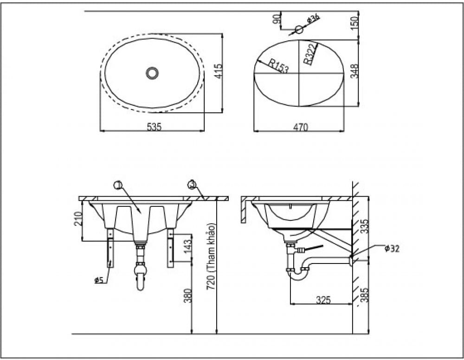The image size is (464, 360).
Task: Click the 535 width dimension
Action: pos(154,127)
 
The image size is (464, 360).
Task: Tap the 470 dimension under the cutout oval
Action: pos(300,127)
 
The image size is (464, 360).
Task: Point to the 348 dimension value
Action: pos(354,72)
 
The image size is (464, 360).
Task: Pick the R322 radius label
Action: pos(310,53)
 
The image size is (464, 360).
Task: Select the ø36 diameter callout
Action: pos(314,19)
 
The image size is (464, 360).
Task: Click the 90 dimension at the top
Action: pos(277,19)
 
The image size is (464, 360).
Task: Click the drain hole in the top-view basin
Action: pos(152,73)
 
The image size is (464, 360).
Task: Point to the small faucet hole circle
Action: pos(299,29)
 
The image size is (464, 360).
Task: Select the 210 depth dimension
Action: pos(78,218)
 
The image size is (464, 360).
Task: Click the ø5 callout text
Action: pos(98,280)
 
